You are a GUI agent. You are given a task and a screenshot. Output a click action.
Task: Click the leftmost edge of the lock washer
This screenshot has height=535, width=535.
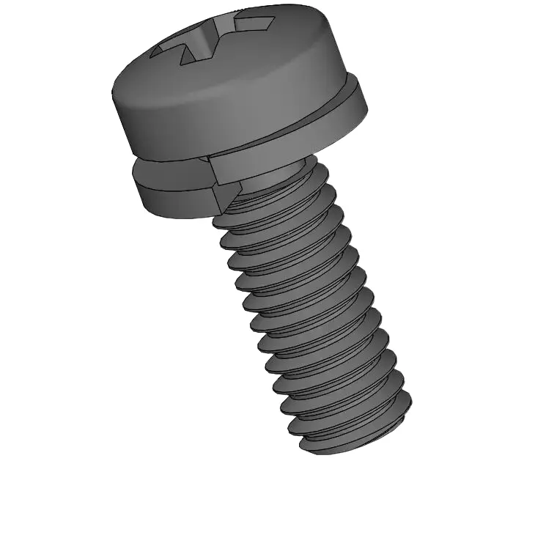(133, 180)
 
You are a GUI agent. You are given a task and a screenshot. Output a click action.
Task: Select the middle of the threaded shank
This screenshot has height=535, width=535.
(308, 308)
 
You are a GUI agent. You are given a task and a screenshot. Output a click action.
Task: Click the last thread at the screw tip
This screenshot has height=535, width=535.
(352, 432)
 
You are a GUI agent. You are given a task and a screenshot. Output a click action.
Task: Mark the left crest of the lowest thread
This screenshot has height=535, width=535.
(300, 440)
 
